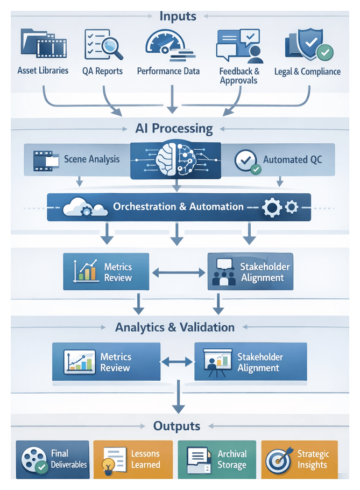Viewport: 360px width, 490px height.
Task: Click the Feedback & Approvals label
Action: tap(239, 76)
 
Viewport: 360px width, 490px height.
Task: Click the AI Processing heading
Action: tap(174, 129)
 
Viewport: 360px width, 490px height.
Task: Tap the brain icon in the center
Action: tap(175, 159)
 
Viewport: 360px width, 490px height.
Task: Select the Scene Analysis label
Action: tap(91, 159)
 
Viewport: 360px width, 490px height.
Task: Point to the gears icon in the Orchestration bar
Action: tap(278, 207)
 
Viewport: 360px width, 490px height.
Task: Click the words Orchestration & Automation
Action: tap(178, 207)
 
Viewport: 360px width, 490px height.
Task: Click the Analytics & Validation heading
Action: tap(174, 327)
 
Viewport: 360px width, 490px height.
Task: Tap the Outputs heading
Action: tap(177, 426)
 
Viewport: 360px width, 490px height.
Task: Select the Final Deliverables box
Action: tap(52, 459)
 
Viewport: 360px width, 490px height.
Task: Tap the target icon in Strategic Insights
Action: tap(279, 460)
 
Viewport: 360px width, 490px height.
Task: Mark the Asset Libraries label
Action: tap(43, 71)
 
